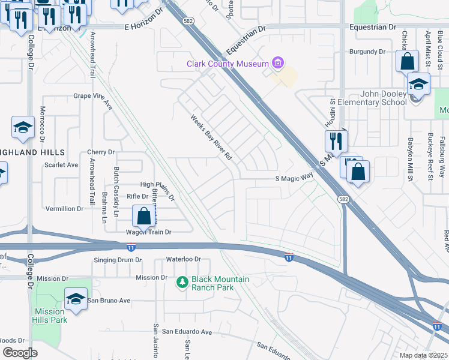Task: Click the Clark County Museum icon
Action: pyautogui.click(x=277, y=63)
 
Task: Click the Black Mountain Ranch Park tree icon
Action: pyautogui.click(x=182, y=281)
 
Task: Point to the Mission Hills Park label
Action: pyautogui.click(x=50, y=316)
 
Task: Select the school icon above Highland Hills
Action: pyautogui.click(x=23, y=128)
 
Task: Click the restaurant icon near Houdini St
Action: pyautogui.click(x=335, y=141)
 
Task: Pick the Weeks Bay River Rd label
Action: pyautogui.click(x=211, y=137)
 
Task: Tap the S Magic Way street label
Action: pyautogui.click(x=294, y=178)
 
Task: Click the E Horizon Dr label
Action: pyautogui.click(x=144, y=27)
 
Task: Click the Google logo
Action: pyautogui.click(x=20, y=352)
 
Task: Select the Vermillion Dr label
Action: pyautogui.click(x=64, y=209)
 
